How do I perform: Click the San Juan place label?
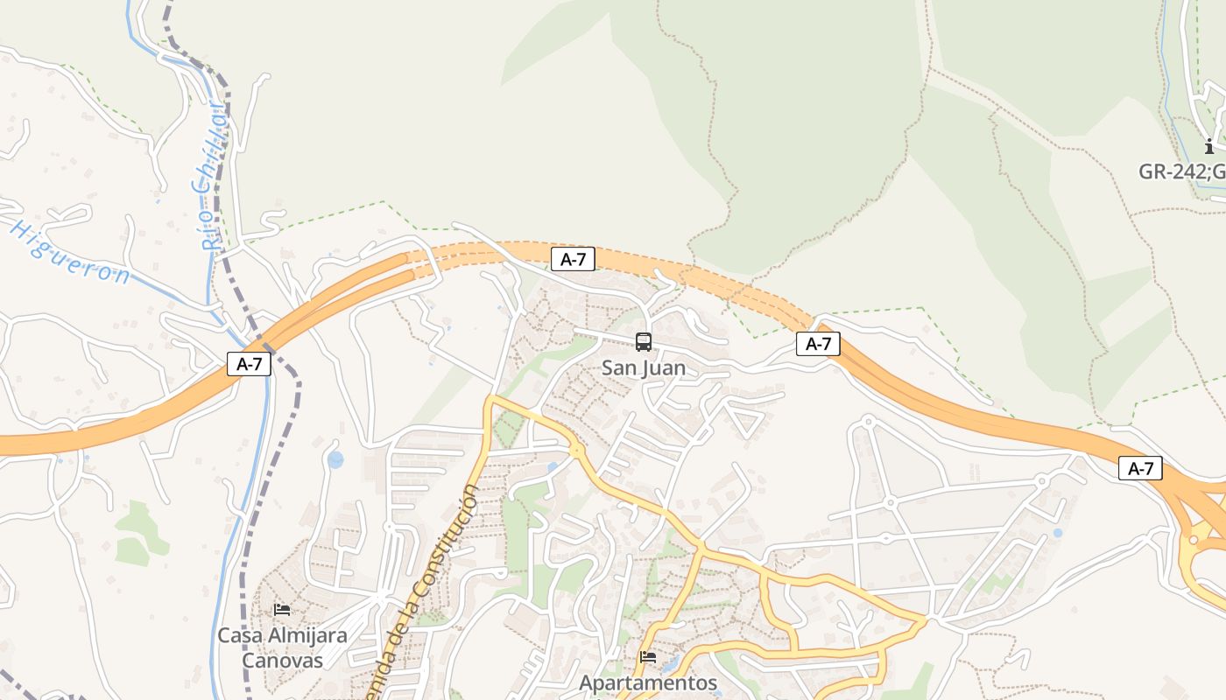(x=644, y=368)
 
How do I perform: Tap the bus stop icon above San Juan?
(x=644, y=342)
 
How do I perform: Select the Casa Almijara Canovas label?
(x=282, y=647)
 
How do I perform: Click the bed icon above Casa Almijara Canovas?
(x=282, y=609)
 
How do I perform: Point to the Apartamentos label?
(x=648, y=682)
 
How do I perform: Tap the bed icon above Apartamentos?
(x=648, y=656)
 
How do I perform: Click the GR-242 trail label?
(x=1180, y=171)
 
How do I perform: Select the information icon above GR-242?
(x=1209, y=145)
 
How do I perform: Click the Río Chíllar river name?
(x=208, y=175)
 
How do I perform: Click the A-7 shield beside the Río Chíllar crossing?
(x=250, y=364)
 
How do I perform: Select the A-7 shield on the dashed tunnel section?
(x=573, y=259)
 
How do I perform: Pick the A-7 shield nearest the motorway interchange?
(x=1140, y=469)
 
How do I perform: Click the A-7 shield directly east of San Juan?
(x=818, y=344)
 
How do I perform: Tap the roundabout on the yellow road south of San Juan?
(x=577, y=450)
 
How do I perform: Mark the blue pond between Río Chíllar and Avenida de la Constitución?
(x=335, y=459)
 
